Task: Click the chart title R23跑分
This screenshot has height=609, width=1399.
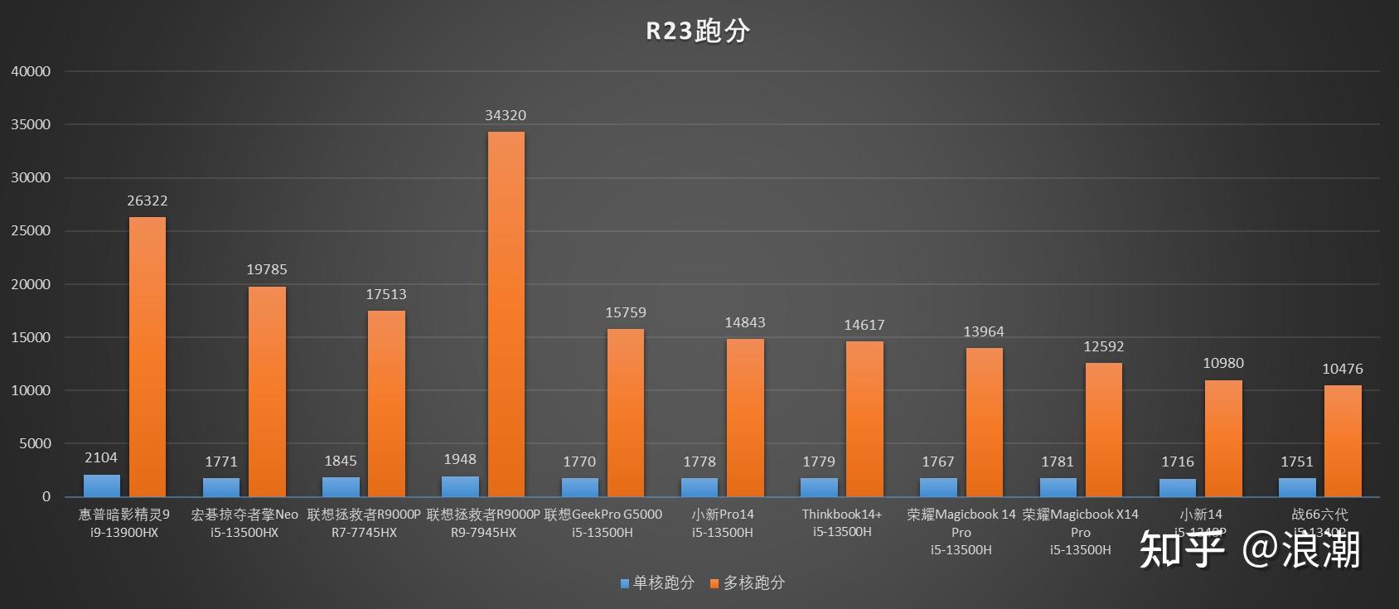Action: click(x=698, y=31)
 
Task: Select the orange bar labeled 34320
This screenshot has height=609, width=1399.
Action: click(x=506, y=314)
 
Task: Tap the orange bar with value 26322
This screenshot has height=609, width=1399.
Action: click(x=148, y=356)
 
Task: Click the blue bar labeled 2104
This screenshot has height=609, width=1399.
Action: click(x=102, y=486)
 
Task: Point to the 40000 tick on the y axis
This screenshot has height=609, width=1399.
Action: click(x=31, y=72)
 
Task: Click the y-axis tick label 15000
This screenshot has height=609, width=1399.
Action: click(x=31, y=338)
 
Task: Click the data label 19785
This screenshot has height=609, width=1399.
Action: click(x=267, y=270)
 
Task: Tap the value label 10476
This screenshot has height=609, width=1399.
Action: click(x=1343, y=370)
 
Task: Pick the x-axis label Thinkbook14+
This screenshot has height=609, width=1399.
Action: click(x=842, y=515)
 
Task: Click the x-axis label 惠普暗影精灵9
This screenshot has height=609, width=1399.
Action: click(x=124, y=515)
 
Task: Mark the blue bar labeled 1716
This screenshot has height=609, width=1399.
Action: click(x=1178, y=488)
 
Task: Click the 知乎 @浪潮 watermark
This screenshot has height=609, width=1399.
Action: click(x=1250, y=549)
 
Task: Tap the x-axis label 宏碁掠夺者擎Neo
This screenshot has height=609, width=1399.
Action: click(x=244, y=515)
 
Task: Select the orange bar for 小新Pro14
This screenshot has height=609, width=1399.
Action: click(x=745, y=418)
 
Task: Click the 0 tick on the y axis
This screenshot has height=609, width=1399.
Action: click(x=46, y=497)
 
